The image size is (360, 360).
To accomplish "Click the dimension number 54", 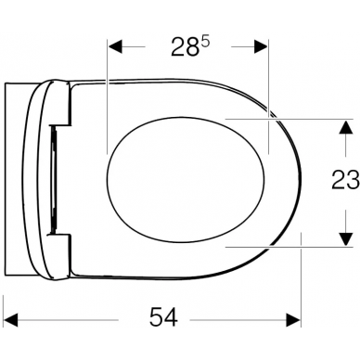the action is pyautogui.click(x=163, y=317).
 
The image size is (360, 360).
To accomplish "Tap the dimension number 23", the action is pyautogui.click(x=345, y=179).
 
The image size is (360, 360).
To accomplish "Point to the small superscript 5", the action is pyautogui.click(x=205, y=42).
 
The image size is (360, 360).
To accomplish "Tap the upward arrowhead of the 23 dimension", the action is pyautogui.click(x=346, y=128).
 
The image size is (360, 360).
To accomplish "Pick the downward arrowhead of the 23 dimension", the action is pyautogui.click(x=346, y=238).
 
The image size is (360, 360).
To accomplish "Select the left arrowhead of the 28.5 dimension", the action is pyautogui.click(x=115, y=46).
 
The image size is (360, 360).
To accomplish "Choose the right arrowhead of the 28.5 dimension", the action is pyautogui.click(x=261, y=46).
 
